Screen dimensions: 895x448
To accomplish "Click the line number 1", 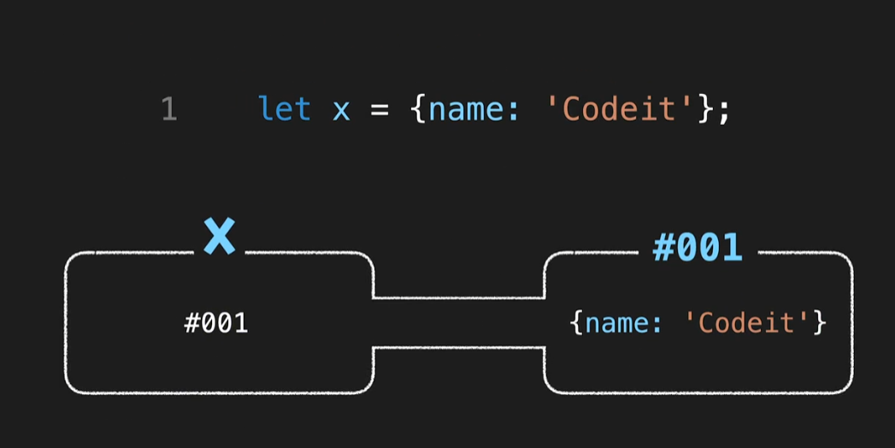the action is [168, 109].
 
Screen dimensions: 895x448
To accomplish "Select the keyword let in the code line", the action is [284, 109].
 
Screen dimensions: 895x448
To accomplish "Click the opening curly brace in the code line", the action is [418, 109].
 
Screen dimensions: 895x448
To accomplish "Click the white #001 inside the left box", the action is [216, 323].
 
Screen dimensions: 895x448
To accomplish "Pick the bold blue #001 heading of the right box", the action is [697, 248].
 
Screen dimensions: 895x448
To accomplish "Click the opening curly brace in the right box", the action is [575, 323].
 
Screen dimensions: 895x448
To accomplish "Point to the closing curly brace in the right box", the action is [820, 323].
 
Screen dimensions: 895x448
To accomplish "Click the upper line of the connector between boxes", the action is [458, 298].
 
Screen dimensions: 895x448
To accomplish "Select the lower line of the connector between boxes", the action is [458, 347].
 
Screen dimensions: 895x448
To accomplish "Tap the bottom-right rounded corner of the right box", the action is [847, 387].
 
